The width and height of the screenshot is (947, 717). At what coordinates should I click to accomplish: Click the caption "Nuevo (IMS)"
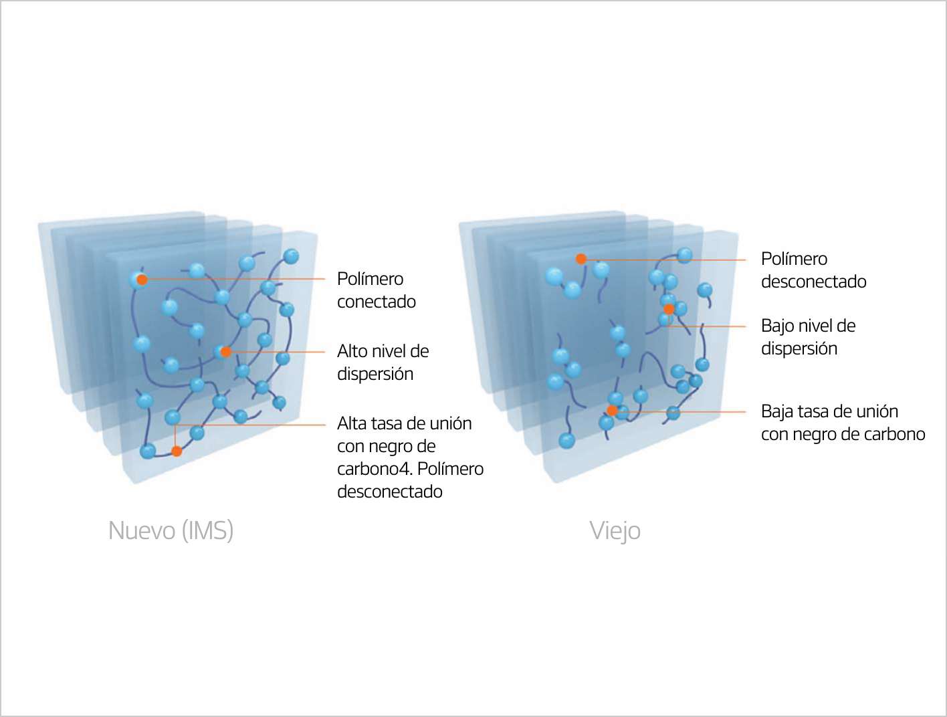point(171,530)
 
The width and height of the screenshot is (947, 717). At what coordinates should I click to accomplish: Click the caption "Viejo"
point(615,530)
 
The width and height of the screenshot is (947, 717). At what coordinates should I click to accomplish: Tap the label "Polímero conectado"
point(376,290)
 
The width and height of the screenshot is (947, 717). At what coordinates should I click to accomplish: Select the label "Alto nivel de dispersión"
point(383,363)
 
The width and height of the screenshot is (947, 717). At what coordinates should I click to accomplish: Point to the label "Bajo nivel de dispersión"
point(808,337)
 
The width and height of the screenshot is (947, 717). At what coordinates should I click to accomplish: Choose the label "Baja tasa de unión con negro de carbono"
point(843,423)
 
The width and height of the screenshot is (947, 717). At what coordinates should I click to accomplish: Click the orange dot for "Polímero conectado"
point(142,280)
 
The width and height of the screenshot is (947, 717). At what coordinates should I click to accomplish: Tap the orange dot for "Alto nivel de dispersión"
point(226,352)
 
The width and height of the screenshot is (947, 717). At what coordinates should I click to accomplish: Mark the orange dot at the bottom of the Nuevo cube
point(177,451)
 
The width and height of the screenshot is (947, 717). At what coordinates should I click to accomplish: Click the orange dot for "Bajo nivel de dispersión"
point(668,309)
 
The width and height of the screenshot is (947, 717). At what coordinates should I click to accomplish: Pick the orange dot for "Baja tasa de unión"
point(611,410)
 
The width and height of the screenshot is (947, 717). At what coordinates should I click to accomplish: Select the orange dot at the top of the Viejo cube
point(581,259)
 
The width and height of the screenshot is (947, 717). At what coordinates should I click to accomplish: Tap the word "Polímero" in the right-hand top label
point(794,259)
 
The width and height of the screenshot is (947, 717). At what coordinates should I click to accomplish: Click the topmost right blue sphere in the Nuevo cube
point(291,256)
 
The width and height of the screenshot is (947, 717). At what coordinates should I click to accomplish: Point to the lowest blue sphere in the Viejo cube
point(566,440)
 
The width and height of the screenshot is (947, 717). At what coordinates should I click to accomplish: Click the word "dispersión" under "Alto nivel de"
point(375,374)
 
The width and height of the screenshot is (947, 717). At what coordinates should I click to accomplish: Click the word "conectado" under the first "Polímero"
point(377,302)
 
